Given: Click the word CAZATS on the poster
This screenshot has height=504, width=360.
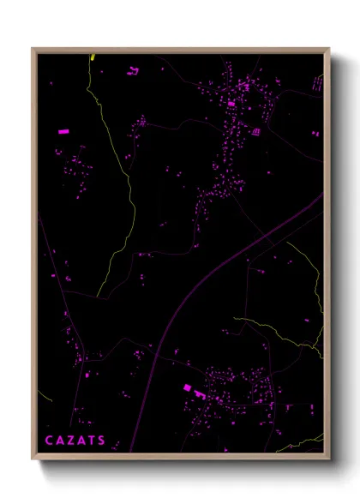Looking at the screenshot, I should (75, 441).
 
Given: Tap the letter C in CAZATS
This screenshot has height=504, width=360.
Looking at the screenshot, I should (49, 441).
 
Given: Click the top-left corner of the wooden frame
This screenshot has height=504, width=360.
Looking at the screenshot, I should (33, 49).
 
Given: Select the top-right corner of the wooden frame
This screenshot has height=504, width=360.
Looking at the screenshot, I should (328, 49).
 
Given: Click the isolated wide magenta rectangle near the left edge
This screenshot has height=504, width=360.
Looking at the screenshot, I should (62, 131).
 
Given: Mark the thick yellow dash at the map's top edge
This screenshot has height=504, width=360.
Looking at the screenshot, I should (93, 57).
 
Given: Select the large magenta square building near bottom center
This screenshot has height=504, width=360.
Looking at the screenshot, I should (188, 388).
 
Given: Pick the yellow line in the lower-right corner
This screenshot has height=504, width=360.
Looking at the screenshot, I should (304, 443).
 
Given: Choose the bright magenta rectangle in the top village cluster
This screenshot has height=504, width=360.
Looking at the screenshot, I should (231, 104).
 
